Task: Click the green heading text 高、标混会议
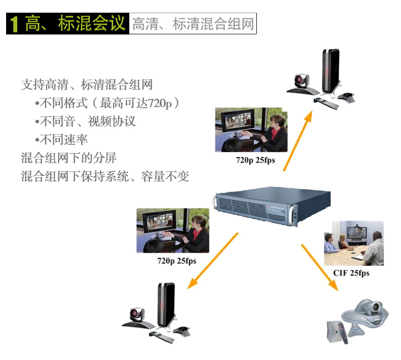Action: [x=75, y=24]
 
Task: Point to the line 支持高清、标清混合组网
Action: [x=87, y=85]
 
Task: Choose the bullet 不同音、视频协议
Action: [x=86, y=121]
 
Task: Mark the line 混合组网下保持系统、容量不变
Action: [x=105, y=176]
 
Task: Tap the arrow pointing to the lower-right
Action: [x=320, y=268]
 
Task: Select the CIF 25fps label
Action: [x=351, y=273]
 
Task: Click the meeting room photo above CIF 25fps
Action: [x=354, y=243]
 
